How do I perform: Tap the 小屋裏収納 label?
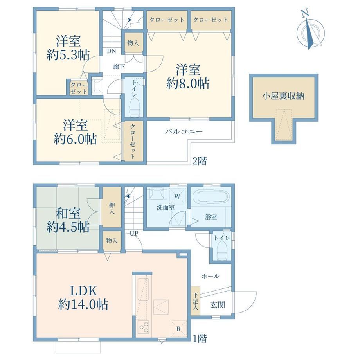point(283,96)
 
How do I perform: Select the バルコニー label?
point(184,131)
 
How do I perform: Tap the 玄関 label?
point(218,305)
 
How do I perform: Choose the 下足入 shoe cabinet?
point(195,301)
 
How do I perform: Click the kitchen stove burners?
point(143,328)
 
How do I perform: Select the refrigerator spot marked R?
point(178,329)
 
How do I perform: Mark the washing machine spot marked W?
point(177,196)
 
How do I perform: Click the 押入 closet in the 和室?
point(112,207)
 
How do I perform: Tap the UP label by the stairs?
point(134,234)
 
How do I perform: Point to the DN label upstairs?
point(112,51)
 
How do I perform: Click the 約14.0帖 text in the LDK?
point(83,304)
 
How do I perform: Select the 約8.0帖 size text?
point(187,84)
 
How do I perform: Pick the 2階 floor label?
point(199,161)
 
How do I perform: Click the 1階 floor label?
point(199,338)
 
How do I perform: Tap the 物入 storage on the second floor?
point(133,43)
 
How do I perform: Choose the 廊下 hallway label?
point(119,67)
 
